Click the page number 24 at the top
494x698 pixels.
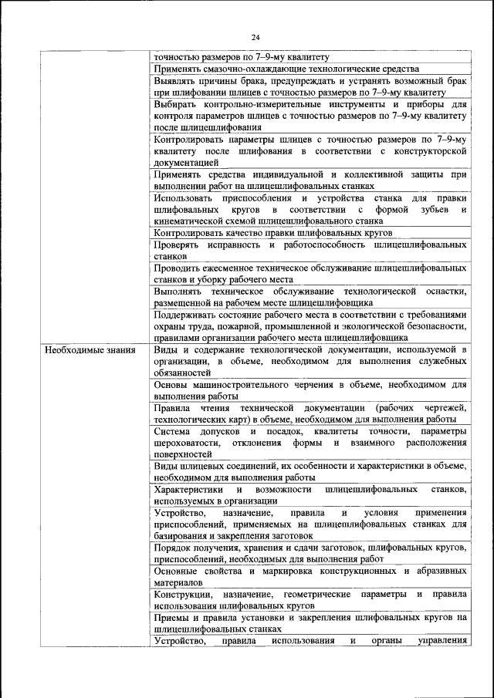255,37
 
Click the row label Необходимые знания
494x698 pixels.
90,350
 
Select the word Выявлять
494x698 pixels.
175,79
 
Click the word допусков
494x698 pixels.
222,430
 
